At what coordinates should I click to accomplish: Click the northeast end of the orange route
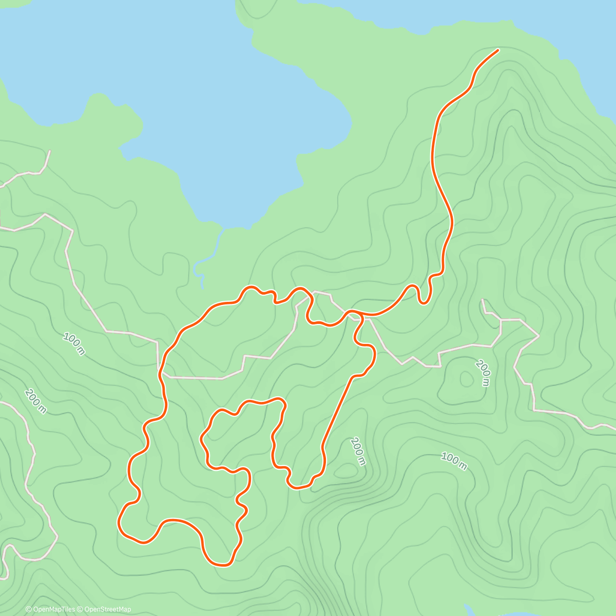click(497, 50)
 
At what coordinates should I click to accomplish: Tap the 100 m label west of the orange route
click(74, 343)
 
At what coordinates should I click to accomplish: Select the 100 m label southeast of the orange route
click(454, 460)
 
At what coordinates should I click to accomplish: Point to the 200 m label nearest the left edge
click(35, 401)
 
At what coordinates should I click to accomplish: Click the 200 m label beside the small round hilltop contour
click(483, 373)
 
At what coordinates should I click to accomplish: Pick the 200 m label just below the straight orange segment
click(358, 451)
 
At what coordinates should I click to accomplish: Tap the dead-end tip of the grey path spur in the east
click(483, 300)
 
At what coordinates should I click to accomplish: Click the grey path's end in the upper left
click(50, 151)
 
